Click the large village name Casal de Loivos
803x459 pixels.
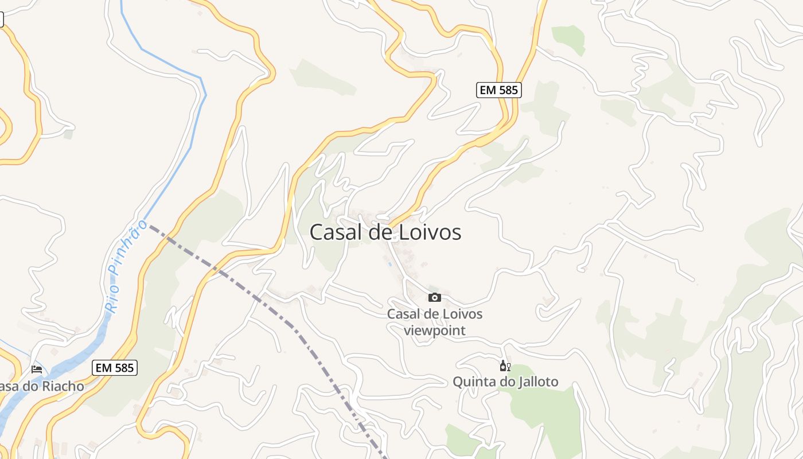(385, 232)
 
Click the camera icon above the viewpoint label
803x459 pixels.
(435, 297)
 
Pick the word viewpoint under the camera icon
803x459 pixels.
(435, 330)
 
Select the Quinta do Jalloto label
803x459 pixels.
(505, 382)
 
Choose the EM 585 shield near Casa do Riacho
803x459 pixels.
(115, 367)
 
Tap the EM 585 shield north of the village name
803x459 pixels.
(498, 90)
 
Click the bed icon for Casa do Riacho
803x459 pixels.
(37, 369)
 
